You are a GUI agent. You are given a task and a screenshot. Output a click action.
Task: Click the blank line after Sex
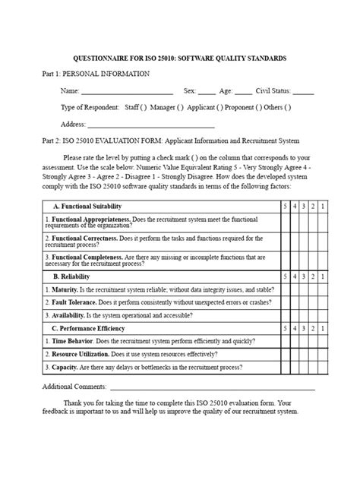206,92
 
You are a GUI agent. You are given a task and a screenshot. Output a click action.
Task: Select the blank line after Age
243,92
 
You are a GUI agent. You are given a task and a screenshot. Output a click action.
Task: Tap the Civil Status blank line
302,92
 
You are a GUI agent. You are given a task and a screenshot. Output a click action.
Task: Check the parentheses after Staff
142,108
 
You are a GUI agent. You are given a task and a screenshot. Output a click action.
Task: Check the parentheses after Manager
180,108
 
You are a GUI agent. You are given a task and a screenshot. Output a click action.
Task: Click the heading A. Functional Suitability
87,207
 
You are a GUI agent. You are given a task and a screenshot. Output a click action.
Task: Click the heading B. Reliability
71,277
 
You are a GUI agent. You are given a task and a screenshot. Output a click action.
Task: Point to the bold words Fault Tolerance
74,302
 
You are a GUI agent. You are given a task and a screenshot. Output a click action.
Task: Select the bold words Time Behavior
74,341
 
